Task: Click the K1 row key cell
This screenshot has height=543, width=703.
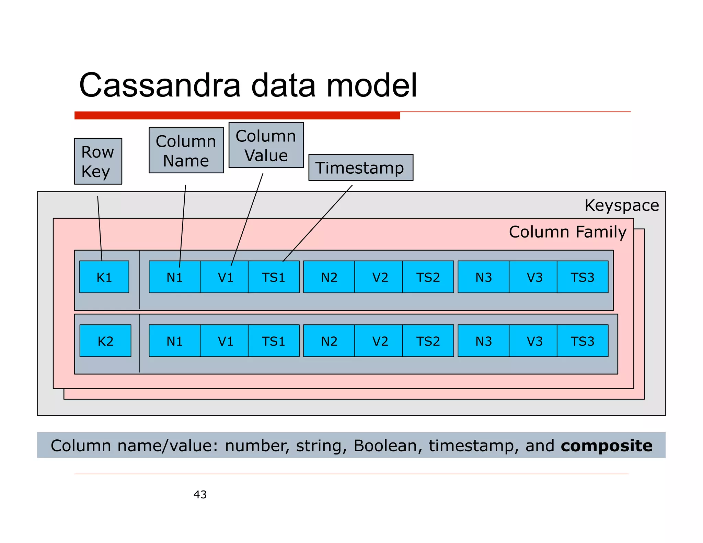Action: (x=104, y=277)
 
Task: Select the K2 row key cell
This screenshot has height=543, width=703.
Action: (x=105, y=341)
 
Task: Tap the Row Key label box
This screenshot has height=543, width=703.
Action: (x=98, y=161)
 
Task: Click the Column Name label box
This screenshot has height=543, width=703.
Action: (x=186, y=151)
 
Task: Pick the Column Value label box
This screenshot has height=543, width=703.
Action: (x=266, y=145)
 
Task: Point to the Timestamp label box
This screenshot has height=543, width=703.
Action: (x=360, y=167)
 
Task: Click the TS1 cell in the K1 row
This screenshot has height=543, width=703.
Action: (x=274, y=277)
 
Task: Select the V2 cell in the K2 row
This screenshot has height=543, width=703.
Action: (x=380, y=341)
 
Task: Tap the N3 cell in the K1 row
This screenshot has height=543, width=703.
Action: (x=483, y=277)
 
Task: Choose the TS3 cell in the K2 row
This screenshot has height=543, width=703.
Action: (x=582, y=341)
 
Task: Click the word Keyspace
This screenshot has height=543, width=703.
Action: (x=621, y=205)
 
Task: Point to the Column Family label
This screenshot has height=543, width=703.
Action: (x=567, y=232)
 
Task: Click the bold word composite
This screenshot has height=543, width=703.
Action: (x=606, y=446)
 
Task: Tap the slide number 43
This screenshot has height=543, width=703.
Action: (x=200, y=494)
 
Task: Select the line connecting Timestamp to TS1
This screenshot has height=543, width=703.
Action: (x=318, y=223)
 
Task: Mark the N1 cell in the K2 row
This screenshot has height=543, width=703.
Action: (x=174, y=341)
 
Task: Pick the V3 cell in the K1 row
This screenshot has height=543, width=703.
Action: (x=534, y=277)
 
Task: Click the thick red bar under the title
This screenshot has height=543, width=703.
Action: (x=237, y=115)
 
